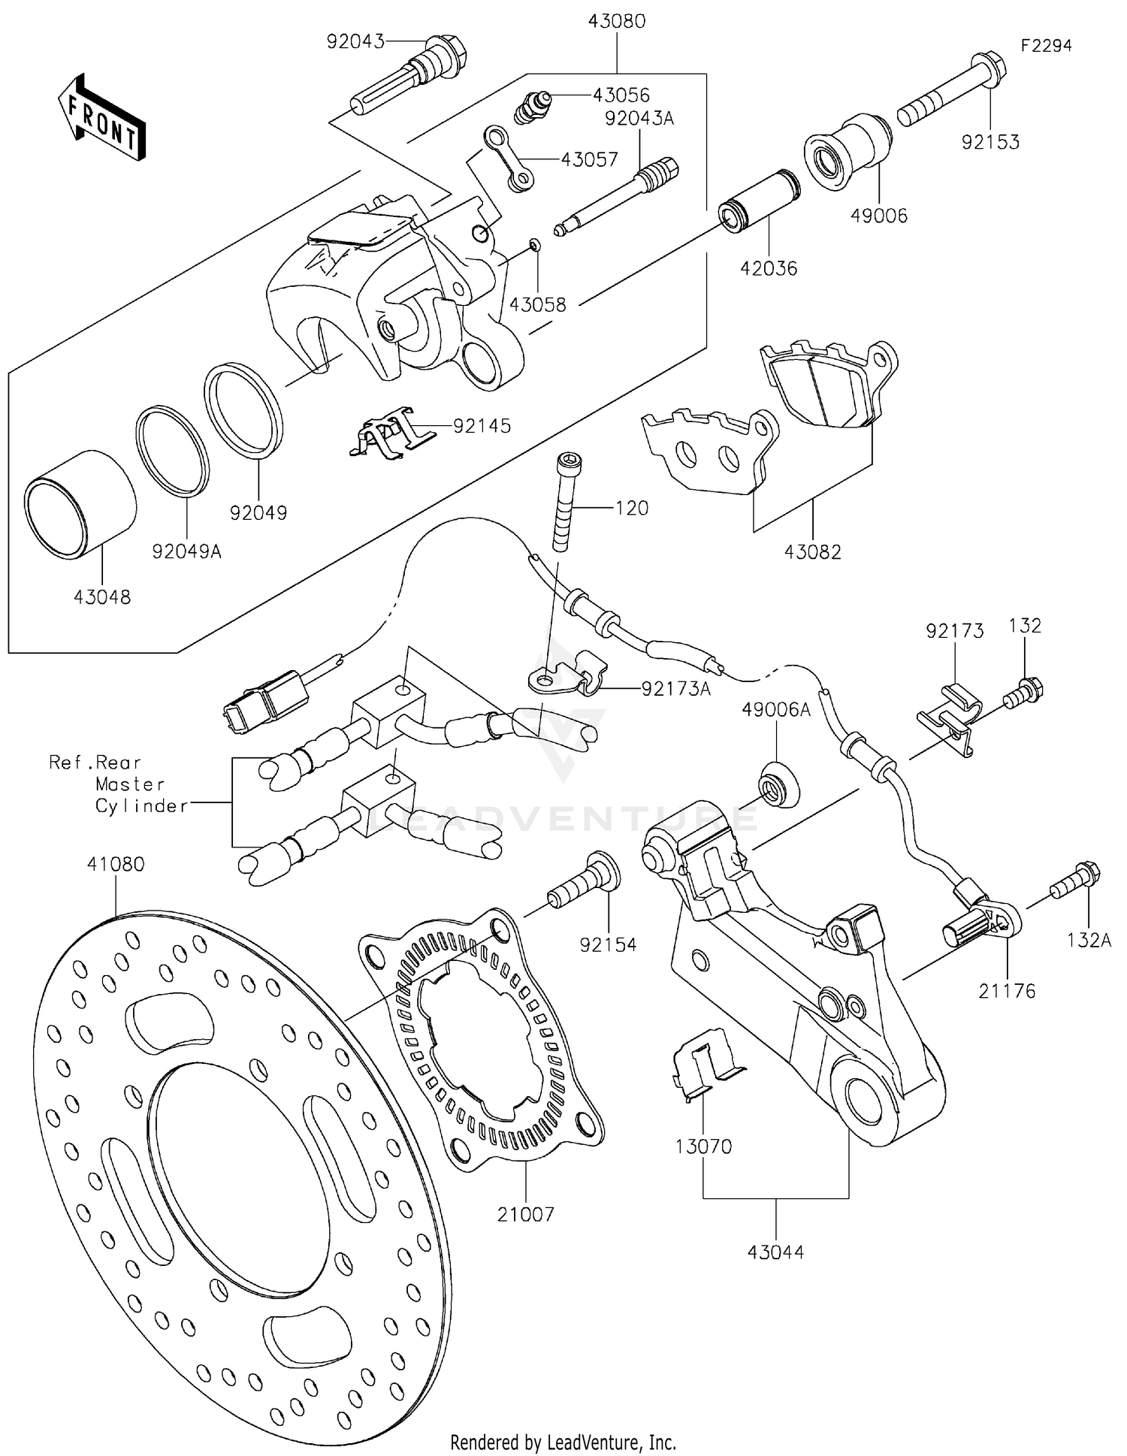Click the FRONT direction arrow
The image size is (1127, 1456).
pos(101,118)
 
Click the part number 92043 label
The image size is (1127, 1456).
pos(355,41)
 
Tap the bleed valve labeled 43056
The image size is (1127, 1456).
pos(532,107)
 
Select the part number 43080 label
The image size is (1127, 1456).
pos(616,21)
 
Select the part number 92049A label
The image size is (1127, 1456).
pos(186,551)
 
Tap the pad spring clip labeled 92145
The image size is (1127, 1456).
pos(387,435)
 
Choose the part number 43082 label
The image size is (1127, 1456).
pos(812,551)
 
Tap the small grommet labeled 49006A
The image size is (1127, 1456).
pos(777,784)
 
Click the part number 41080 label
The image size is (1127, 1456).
pos(115,864)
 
